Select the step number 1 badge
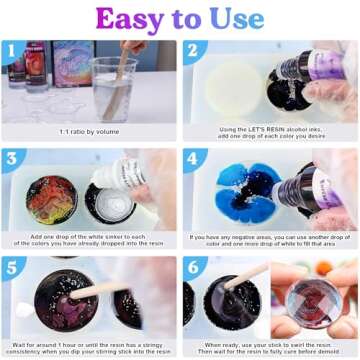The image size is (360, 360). coord(10,50)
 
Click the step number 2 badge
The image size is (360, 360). coord(191,50)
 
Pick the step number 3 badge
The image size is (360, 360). coord(10,159)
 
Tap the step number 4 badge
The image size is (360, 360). coord(191,159)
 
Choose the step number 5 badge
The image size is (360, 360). coord(10,267)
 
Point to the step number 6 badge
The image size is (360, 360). coord(191,267)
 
